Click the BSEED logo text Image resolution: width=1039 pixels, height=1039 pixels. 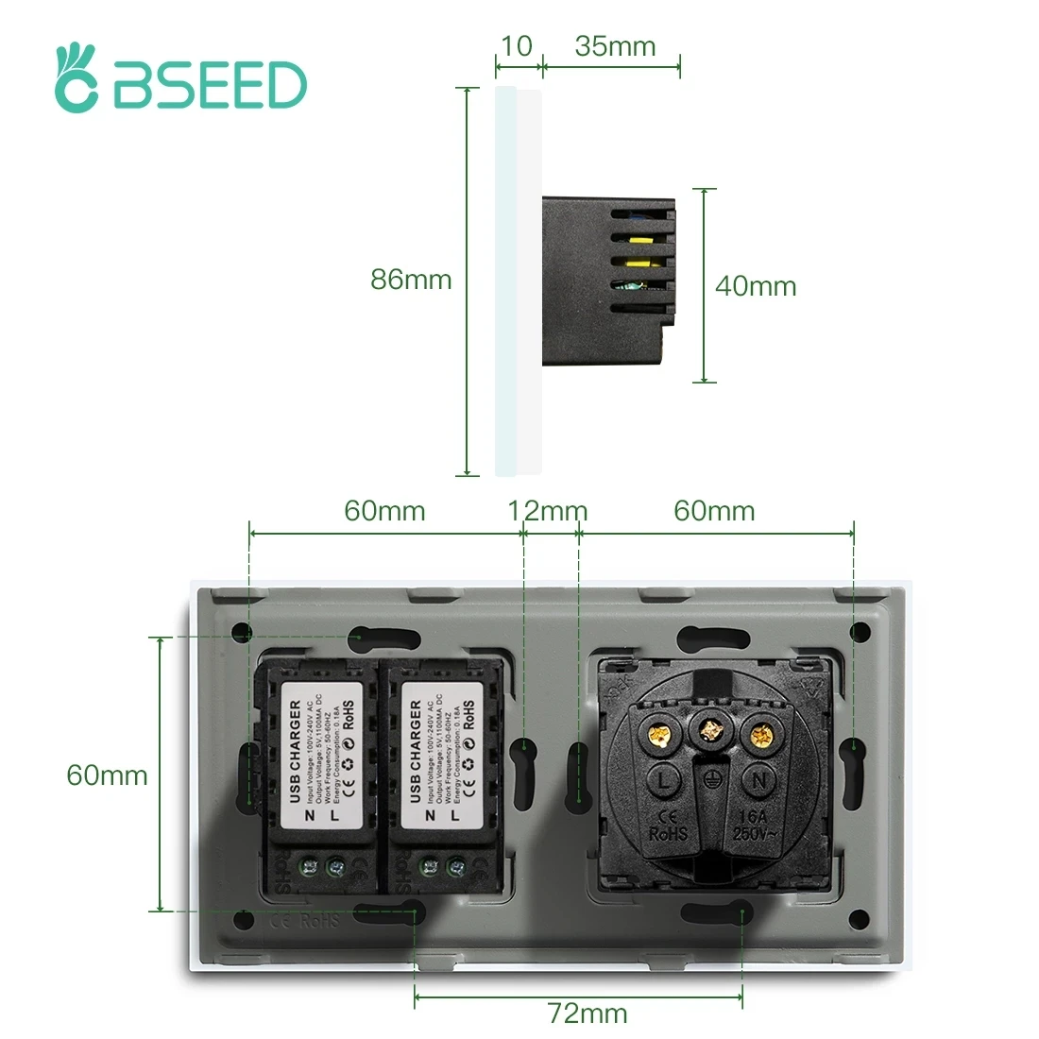point(210,86)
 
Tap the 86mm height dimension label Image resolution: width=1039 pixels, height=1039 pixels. point(411,280)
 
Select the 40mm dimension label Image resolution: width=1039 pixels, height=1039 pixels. point(756,286)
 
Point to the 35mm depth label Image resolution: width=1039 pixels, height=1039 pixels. point(614,46)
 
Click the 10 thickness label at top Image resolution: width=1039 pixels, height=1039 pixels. point(517,46)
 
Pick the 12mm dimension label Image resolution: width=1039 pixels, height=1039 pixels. point(548,511)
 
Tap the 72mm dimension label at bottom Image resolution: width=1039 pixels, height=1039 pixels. point(588,1013)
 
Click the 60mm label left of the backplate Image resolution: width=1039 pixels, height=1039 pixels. point(107,775)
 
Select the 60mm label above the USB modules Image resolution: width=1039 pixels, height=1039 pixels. point(384,511)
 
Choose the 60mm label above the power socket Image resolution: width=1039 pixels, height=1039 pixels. point(714,511)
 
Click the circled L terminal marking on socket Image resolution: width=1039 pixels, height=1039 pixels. point(665,779)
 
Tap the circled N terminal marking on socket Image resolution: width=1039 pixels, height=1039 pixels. point(758,779)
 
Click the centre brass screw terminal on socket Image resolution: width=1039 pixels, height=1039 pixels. point(710,730)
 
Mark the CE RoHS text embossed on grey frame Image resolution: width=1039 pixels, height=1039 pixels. point(304,919)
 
